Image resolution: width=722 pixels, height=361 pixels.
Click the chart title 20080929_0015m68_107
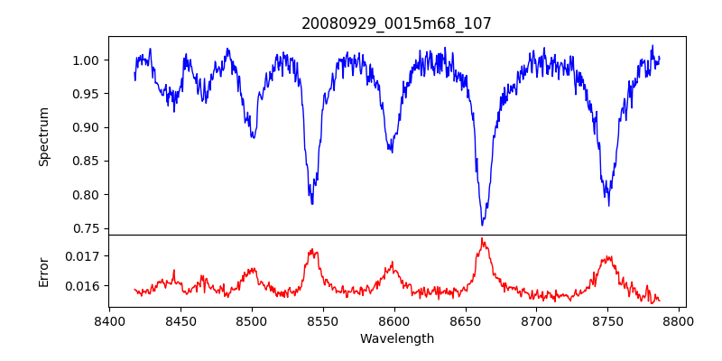point(396,23)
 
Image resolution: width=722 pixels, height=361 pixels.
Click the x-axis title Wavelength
point(396,338)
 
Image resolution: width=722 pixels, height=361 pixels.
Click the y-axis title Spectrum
point(43,136)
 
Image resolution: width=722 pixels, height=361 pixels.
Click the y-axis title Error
point(43,271)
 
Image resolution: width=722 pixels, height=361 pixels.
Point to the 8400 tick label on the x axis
point(109,320)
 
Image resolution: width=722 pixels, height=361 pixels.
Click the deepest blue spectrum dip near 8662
point(482,224)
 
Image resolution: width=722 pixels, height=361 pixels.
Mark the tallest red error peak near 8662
point(482,239)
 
